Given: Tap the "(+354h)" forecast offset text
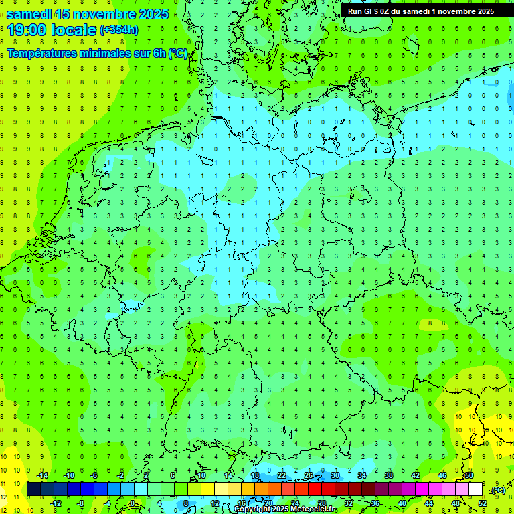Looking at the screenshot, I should (x=119, y=29).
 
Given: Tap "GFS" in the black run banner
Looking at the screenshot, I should (x=371, y=11).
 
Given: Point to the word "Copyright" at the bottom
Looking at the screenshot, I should (x=252, y=509).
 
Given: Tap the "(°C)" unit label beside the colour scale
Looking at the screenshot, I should (x=497, y=490).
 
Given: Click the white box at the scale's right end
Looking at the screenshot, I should (x=475, y=489).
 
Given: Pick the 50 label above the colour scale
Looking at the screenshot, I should (x=468, y=475).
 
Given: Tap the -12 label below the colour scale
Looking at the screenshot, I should (x=56, y=503).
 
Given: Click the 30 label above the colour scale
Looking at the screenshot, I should (x=335, y=475).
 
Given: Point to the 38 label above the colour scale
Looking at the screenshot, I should (x=388, y=475).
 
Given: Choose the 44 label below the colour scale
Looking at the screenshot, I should (x=429, y=503).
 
